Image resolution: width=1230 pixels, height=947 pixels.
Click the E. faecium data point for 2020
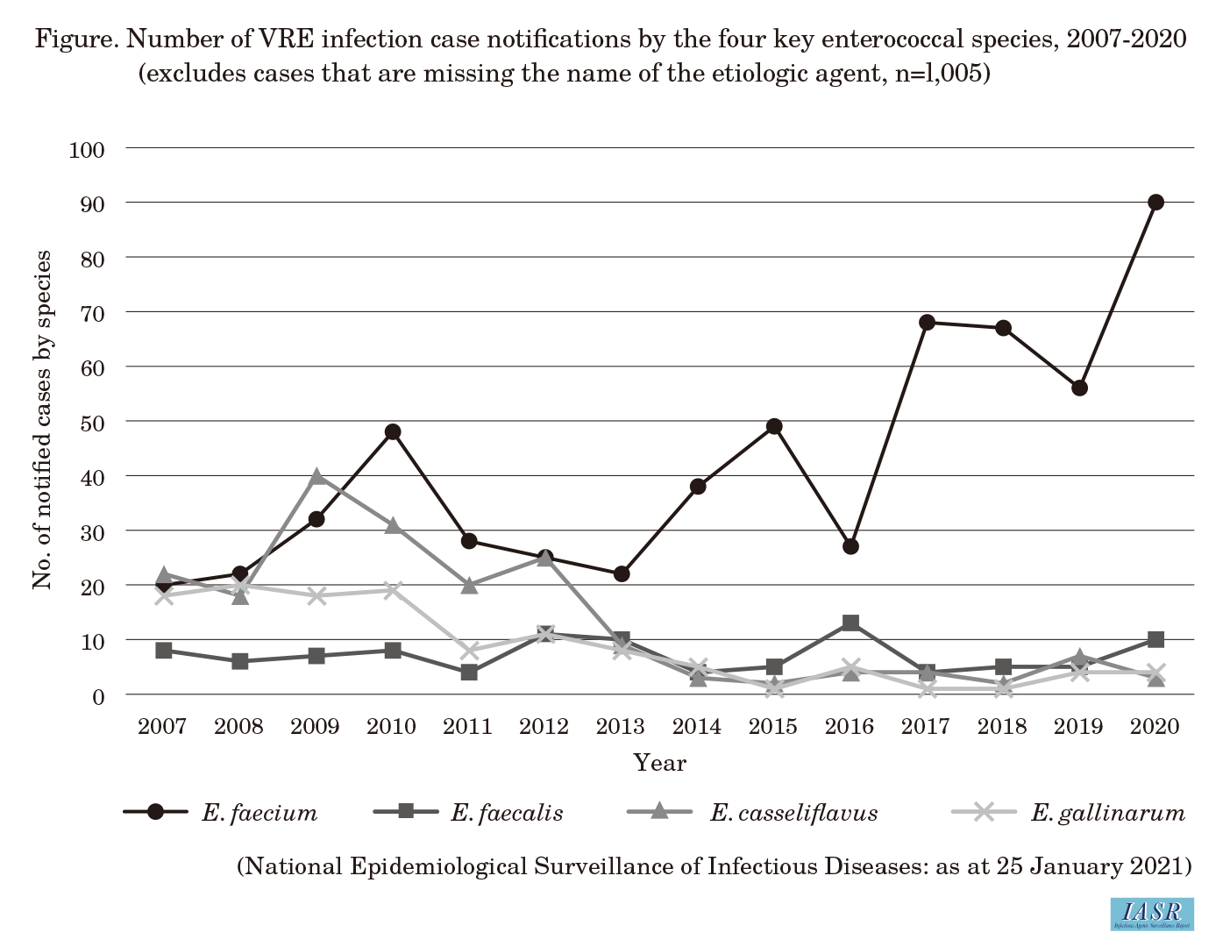pyautogui.click(x=1155, y=203)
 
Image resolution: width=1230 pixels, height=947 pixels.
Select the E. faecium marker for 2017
pyautogui.click(x=927, y=323)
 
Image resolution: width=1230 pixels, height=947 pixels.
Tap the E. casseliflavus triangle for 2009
pyautogui.click(x=316, y=477)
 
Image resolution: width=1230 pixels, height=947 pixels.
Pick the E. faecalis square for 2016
pyautogui.click(x=850, y=623)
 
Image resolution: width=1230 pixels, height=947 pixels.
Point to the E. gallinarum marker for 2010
pyautogui.click(x=393, y=590)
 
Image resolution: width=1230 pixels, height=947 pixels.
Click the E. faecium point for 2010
pyautogui.click(x=393, y=432)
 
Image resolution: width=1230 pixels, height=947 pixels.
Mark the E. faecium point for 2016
pyautogui.click(x=850, y=546)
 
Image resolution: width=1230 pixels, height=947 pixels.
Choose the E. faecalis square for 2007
pyautogui.click(x=164, y=651)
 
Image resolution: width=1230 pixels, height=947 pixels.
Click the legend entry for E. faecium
pyautogui.click(x=260, y=813)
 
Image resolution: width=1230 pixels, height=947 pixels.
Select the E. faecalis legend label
pyautogui.click(x=507, y=813)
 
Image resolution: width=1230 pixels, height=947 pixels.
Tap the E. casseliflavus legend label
pyautogui.click(x=793, y=813)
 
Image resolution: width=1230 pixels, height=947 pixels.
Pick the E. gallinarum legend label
pyautogui.click(x=1107, y=813)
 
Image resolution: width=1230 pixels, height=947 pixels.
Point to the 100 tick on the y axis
pyautogui.click(x=87, y=150)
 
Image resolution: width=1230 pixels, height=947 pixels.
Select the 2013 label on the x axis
pyautogui.click(x=621, y=726)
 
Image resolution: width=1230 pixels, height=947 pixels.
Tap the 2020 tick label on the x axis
pyautogui.click(x=1155, y=726)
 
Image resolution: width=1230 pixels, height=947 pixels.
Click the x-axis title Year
pyautogui.click(x=659, y=763)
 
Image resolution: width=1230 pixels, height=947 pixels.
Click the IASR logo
pyautogui.click(x=1151, y=914)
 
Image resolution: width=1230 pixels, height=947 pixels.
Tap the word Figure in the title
pyautogui.click(x=77, y=40)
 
